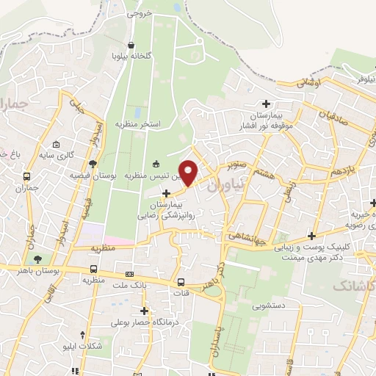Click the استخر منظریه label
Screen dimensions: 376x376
pos(151,124)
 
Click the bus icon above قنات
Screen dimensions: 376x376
pos(181,283)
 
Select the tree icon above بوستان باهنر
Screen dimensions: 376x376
pos(36,259)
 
